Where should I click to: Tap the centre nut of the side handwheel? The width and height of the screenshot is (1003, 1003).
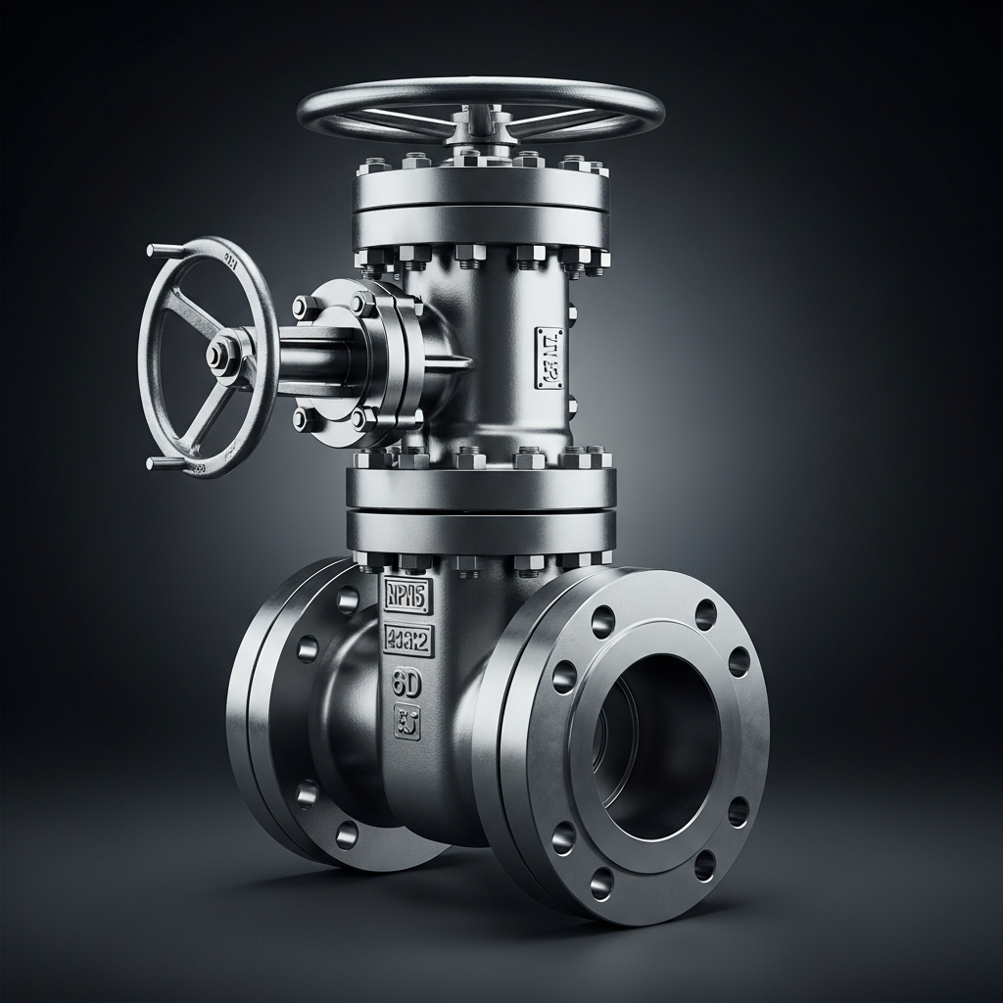[x=218, y=357]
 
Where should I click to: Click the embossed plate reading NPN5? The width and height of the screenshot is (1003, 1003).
[x=405, y=596]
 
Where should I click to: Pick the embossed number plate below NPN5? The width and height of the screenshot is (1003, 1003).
[x=407, y=640]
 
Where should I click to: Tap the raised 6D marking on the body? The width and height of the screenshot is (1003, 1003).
[x=406, y=684]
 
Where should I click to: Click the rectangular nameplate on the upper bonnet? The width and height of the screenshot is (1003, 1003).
[x=549, y=358]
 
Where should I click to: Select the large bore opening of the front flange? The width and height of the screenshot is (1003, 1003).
[x=656, y=744]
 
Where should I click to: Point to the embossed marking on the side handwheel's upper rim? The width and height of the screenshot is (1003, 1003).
[x=231, y=261]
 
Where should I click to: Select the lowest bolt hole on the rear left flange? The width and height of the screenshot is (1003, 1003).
[x=346, y=835]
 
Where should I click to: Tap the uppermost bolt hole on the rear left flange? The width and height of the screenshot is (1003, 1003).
[x=347, y=598]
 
